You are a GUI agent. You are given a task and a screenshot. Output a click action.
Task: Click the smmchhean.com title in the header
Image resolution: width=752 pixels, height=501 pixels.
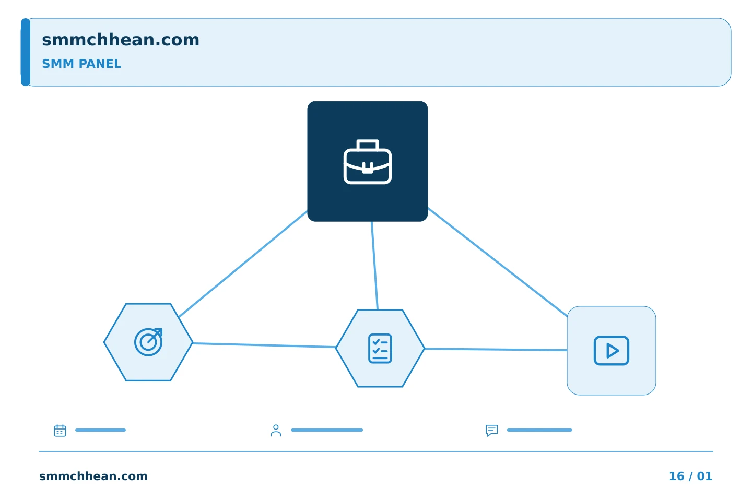[x=121, y=40]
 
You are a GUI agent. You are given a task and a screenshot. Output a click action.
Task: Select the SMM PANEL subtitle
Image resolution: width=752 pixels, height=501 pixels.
[x=81, y=64]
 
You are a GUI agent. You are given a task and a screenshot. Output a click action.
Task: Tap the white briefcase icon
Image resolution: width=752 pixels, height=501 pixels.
[x=368, y=162]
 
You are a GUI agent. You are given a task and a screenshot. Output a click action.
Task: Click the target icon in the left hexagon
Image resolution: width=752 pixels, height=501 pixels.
[x=148, y=342]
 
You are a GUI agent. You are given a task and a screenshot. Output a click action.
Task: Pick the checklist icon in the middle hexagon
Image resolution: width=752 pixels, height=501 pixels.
[x=380, y=348]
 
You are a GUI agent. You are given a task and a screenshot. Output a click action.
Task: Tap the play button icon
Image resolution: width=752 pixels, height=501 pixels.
[x=612, y=351]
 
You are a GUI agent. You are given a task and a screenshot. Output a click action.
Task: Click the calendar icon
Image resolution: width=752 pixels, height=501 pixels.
[x=60, y=430]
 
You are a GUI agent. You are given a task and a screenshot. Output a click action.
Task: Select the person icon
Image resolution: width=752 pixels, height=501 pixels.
[x=276, y=430]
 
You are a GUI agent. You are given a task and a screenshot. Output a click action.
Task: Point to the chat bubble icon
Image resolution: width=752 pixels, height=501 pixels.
[x=491, y=430]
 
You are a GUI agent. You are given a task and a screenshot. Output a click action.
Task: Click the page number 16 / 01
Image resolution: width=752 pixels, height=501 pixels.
[x=690, y=476]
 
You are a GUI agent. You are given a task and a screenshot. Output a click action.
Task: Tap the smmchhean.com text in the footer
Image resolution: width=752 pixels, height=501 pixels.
[x=93, y=476]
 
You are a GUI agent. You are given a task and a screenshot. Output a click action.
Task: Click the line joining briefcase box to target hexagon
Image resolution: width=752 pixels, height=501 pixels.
[x=243, y=264]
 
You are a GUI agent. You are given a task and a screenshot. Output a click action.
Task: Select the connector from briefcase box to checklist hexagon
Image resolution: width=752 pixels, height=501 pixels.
[x=374, y=266]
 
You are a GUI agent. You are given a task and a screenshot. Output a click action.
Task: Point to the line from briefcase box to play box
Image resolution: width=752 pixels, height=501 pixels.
[x=498, y=262]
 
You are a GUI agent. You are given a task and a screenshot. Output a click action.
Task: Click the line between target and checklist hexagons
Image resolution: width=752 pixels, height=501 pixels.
[x=264, y=345]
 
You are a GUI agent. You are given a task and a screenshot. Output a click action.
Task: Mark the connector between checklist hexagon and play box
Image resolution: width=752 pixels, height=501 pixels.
[x=496, y=349]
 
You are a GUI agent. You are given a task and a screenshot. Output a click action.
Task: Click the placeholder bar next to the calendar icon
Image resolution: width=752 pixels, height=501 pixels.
[x=100, y=430]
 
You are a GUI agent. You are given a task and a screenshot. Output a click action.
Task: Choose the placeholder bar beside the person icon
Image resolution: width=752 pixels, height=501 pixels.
[x=327, y=430]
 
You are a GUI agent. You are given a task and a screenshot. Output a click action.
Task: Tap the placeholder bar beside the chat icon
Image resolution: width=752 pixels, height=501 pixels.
[x=539, y=430]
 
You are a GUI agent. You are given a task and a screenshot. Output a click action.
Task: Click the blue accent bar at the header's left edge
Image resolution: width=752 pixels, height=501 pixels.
[x=26, y=52]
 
